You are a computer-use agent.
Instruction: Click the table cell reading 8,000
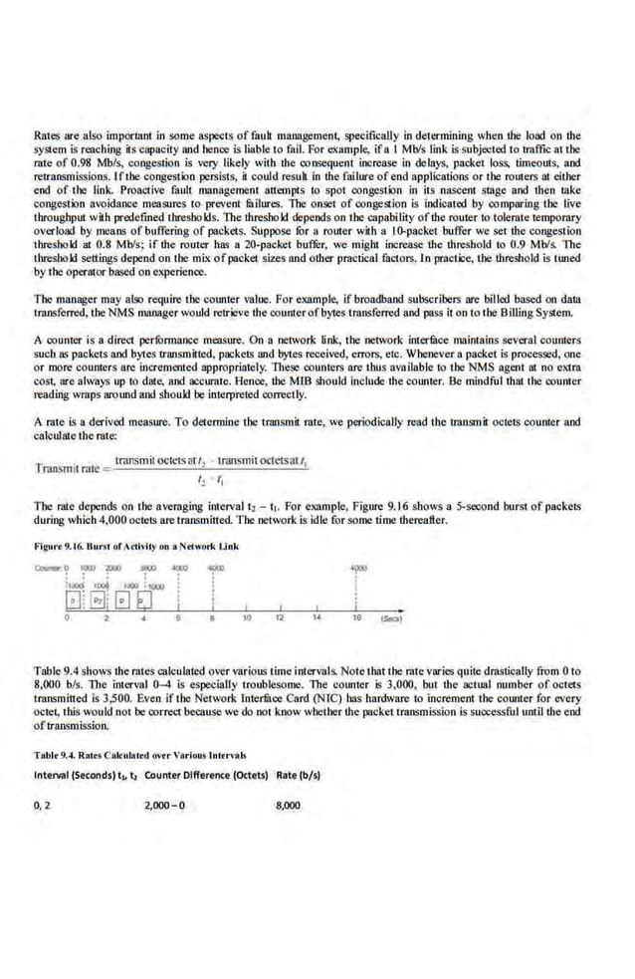[287, 804]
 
